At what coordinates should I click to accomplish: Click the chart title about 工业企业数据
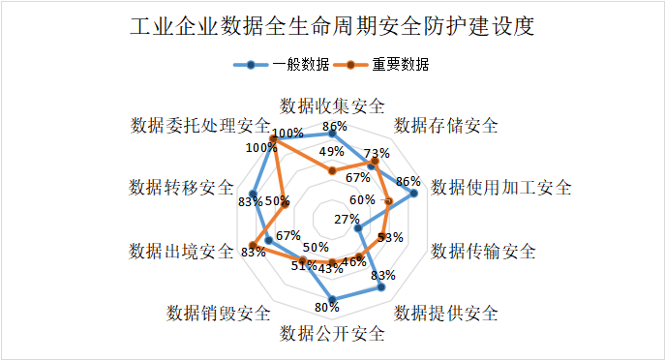tap(332, 26)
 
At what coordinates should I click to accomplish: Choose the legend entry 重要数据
tap(386, 66)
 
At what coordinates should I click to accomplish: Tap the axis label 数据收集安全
tap(332, 105)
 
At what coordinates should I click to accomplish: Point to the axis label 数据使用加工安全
tap(500, 187)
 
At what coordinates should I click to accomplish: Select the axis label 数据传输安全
tap(483, 252)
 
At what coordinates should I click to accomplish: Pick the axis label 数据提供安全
tap(446, 313)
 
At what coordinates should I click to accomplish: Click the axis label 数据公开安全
tap(332, 334)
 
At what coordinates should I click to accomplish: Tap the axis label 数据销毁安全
tap(218, 313)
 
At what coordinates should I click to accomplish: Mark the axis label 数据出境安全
tap(181, 252)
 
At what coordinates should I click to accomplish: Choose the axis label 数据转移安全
tap(181, 187)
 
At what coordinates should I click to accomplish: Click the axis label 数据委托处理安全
tap(200, 126)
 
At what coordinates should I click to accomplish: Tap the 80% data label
tap(327, 308)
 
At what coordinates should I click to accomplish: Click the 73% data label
tap(378, 153)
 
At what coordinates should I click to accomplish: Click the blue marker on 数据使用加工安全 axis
tap(414, 194)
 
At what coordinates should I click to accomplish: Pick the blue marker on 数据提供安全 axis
tap(381, 287)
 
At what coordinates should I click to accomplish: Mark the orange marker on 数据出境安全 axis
tap(255, 244)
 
